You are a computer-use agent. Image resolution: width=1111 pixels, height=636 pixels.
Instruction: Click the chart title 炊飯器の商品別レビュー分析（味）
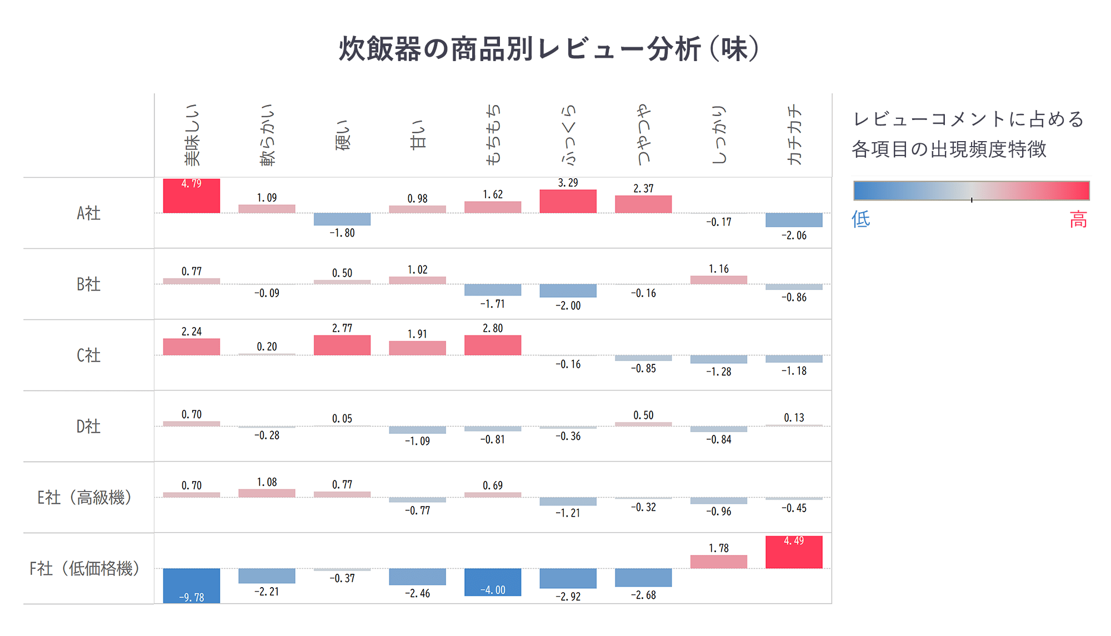[x=549, y=49]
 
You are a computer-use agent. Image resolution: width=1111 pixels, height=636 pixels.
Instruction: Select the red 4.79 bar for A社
[x=191, y=197]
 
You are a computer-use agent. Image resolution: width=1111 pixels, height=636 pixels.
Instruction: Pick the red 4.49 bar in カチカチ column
[x=794, y=553]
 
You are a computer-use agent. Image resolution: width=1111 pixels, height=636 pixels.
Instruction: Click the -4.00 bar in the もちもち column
[x=493, y=581]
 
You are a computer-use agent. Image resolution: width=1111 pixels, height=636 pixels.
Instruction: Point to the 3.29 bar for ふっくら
[x=568, y=202]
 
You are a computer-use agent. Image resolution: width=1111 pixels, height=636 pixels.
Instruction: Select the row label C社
[x=88, y=355]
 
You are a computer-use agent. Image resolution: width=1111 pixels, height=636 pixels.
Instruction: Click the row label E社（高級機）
[x=84, y=498]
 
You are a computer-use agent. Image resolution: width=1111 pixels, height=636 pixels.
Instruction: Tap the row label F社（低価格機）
[x=84, y=569]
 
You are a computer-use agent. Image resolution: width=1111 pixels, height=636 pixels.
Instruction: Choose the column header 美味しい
[x=192, y=135]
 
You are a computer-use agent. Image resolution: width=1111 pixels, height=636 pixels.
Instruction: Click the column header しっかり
[x=719, y=135]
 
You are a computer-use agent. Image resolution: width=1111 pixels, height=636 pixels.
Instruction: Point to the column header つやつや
[x=643, y=135]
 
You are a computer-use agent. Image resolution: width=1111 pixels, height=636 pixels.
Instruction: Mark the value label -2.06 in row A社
[x=794, y=236]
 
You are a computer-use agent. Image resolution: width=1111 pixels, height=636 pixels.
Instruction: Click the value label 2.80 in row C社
[x=493, y=328]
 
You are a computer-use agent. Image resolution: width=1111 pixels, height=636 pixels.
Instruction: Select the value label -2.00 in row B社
[x=568, y=306]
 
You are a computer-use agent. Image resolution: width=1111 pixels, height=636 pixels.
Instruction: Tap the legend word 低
[x=860, y=219]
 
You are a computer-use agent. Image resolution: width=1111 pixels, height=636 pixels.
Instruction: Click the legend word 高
[x=1078, y=220]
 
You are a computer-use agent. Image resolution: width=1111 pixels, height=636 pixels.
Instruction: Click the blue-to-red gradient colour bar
[x=971, y=191]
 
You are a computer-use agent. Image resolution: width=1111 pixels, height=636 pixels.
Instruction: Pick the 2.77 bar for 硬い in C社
[x=342, y=345]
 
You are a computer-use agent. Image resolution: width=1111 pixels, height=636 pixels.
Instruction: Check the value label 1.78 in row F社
[x=719, y=548]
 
